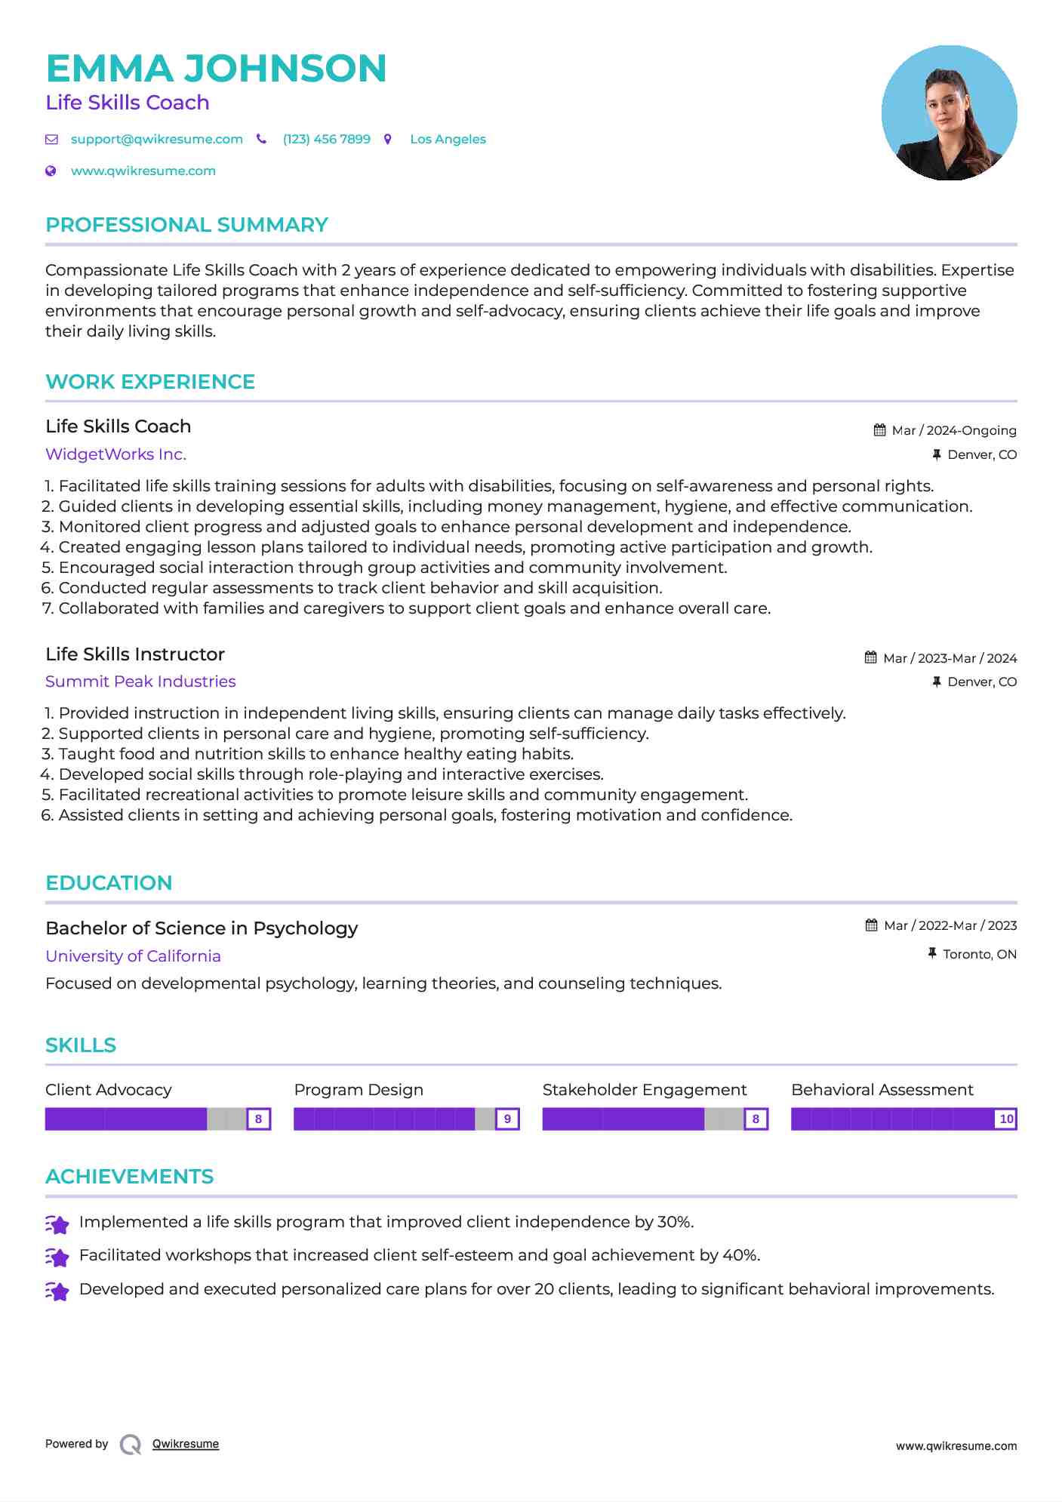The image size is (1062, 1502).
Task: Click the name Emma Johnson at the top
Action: [x=216, y=69]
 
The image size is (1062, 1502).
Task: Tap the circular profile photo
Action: [x=949, y=113]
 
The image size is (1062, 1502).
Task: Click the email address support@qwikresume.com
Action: [x=156, y=140]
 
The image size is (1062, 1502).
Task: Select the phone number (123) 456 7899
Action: [x=326, y=140]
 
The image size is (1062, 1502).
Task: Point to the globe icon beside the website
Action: [x=51, y=171]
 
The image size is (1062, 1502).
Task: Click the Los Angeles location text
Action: [x=448, y=140]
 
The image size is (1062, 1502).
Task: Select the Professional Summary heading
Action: [x=186, y=225]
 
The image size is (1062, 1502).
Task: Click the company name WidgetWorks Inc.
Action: [x=115, y=454]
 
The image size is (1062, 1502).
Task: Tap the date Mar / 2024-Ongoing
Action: [x=953, y=431]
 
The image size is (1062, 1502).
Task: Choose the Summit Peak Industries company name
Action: [x=140, y=682]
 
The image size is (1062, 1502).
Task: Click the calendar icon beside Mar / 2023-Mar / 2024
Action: [x=871, y=658]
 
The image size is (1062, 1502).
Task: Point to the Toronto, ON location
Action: [x=979, y=955]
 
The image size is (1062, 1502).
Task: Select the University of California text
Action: [x=133, y=956]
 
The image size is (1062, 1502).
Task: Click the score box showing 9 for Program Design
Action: [x=507, y=1119]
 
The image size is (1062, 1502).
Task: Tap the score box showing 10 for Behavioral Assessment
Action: [x=1005, y=1119]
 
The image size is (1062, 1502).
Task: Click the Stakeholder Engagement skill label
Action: [x=644, y=1090]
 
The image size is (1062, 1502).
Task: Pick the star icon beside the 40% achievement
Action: [x=57, y=1257]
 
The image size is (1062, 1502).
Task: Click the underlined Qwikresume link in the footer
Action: [x=186, y=1445]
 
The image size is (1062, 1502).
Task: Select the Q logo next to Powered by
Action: [x=131, y=1445]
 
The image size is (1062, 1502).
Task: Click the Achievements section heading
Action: [x=129, y=1177]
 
